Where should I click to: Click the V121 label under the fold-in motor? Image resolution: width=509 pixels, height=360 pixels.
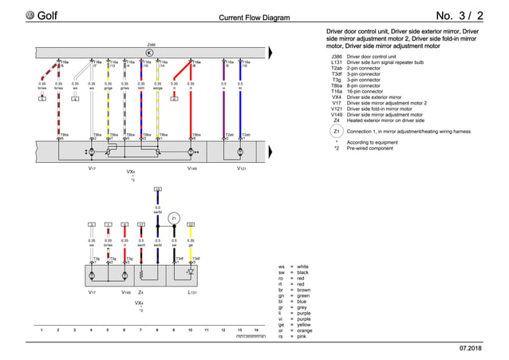[242, 169]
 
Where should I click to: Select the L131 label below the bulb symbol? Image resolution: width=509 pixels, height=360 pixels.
[191, 293]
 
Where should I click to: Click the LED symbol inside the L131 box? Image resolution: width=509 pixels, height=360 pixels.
[189, 272]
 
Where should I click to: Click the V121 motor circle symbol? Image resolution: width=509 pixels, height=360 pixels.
[242, 151]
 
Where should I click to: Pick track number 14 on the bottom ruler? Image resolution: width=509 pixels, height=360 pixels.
[255, 330]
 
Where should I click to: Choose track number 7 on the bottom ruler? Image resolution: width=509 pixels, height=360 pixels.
[140, 330]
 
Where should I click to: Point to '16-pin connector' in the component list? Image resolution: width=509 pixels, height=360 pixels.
[368, 92]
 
